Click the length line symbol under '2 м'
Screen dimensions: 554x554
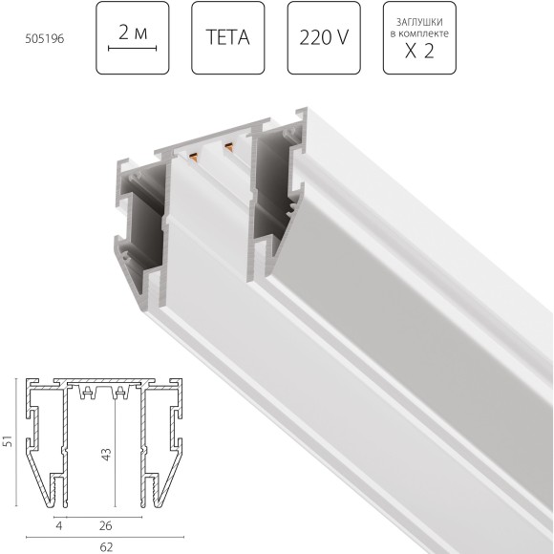(132, 49)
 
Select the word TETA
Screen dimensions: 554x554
(227, 39)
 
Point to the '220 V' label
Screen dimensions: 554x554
(323, 39)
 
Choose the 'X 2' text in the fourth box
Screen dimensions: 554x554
(419, 52)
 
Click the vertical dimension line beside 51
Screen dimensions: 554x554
(21, 443)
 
